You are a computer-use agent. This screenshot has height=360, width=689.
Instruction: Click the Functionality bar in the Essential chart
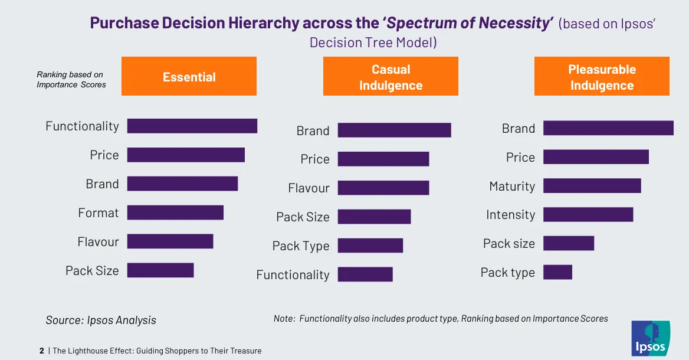192,126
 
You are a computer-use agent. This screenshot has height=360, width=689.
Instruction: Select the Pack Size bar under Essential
160,270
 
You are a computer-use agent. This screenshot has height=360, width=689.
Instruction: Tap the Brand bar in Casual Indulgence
394,130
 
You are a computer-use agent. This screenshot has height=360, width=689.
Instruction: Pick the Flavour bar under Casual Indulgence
383,188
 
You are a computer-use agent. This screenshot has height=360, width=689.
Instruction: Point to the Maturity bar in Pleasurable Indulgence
592,186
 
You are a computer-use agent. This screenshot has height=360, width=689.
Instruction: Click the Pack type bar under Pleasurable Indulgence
557,272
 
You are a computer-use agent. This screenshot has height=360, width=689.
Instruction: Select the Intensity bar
588,215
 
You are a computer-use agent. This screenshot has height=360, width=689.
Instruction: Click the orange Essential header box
189,76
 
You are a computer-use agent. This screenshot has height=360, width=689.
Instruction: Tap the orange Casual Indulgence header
391,76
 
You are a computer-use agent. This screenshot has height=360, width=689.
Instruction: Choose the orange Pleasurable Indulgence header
602,76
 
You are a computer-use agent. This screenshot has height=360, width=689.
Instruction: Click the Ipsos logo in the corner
650,339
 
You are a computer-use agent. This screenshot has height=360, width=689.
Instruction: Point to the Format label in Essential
99,212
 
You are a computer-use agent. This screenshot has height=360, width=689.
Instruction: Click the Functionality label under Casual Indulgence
293,274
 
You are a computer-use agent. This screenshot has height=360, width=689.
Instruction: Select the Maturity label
512,186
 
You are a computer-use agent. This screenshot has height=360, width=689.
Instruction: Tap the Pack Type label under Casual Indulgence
301,246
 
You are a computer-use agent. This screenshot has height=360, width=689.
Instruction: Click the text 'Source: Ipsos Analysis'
101,320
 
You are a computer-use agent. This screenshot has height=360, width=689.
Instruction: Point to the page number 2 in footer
42,351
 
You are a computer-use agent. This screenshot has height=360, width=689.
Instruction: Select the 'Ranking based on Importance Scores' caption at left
71,80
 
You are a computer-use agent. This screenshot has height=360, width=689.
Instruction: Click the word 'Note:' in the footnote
284,318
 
